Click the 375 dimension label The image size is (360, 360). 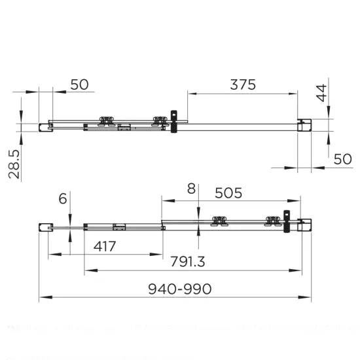tap(242, 84)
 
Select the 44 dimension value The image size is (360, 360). tap(320, 94)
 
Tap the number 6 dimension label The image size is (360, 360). tap(63, 199)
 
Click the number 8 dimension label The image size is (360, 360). tap(190, 190)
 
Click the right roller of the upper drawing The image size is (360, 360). tap(159, 120)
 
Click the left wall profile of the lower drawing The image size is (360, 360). tap(45, 227)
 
